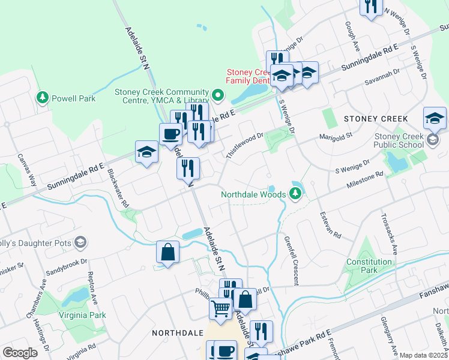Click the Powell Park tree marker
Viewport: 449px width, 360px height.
coord(42,98)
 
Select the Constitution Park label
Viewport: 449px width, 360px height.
coord(370,266)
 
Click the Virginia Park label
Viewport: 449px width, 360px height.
coord(82,314)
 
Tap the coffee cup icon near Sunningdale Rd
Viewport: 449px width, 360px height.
coord(170,134)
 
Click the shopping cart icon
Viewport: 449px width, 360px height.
coord(220,308)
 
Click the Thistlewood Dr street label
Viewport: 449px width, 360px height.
coord(245,145)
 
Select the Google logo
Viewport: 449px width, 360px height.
coord(20,353)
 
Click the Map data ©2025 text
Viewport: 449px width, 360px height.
coord(423,355)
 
